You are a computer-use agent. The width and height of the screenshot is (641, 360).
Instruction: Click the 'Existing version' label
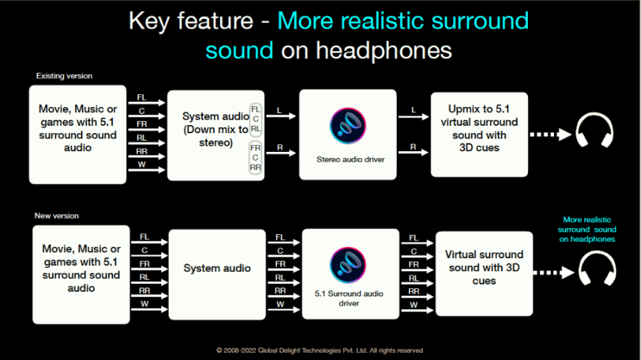pos(64,76)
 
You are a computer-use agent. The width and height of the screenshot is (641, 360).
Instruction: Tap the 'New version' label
pos(56,216)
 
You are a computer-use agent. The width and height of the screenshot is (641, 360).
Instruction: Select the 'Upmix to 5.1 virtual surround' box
pos(479,135)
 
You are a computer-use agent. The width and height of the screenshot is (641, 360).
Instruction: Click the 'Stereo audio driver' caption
pos(350,159)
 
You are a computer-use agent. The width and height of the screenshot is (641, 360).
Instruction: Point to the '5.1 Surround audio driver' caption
pos(349,299)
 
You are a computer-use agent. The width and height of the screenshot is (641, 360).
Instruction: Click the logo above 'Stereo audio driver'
pos(348,126)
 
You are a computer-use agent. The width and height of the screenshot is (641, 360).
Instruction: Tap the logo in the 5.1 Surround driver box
pos(348,265)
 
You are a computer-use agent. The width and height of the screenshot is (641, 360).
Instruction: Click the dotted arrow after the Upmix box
pos(550,135)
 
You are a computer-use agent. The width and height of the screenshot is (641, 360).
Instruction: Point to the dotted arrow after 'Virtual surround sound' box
pos(554,272)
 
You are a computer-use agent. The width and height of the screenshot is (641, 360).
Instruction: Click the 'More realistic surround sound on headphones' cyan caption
pos(587,230)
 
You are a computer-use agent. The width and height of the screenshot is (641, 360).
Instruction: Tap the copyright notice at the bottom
pos(319,350)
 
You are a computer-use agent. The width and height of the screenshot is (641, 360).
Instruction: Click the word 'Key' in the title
pos(149,21)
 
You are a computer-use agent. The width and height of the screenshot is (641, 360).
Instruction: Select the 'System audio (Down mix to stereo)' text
pos(216,129)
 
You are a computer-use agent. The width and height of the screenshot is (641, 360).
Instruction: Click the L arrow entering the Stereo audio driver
pos(281,116)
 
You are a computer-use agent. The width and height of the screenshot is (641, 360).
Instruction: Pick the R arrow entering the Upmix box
pos(413,153)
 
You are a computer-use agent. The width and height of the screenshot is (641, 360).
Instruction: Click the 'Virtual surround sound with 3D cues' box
pos(484,274)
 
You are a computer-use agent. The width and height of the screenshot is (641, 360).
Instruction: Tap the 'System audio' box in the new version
pos(217,275)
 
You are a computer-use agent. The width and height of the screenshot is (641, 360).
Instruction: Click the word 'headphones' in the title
pos(383,51)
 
